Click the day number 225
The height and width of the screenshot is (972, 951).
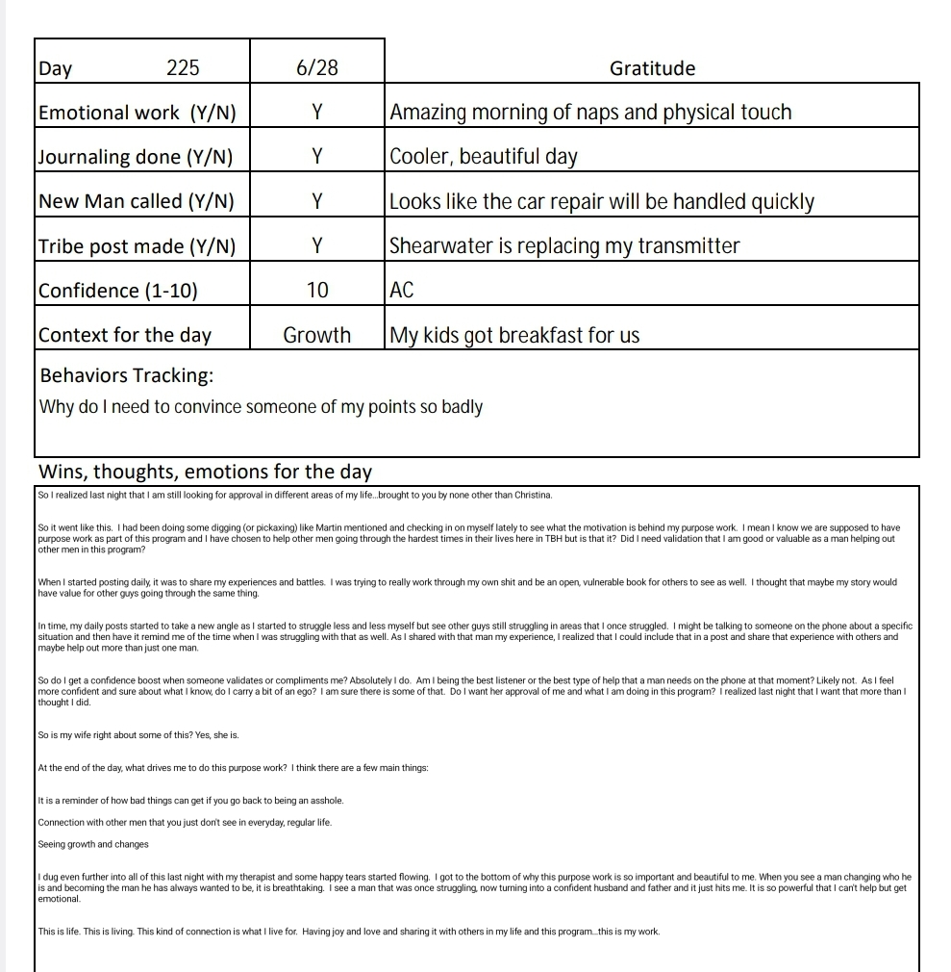coord(183,68)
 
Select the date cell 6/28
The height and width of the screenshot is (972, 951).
coord(317,68)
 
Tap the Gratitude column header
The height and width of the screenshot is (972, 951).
coord(652,68)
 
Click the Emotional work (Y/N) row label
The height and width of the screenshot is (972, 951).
coord(137,113)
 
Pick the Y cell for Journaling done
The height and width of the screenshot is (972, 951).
coord(317,157)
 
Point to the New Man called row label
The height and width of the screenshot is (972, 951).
coord(137,201)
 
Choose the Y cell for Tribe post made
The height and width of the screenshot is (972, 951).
coord(317,246)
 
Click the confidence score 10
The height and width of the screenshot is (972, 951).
coord(317,291)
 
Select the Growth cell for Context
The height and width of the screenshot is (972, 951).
coord(317,335)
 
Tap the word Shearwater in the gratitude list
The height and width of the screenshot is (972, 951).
coord(440,246)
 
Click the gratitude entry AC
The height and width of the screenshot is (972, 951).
coord(402,291)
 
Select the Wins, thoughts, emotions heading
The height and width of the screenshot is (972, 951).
coord(205,472)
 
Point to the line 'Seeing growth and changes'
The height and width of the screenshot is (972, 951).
coord(93,844)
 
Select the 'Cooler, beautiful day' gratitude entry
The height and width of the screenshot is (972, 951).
coord(483,157)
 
